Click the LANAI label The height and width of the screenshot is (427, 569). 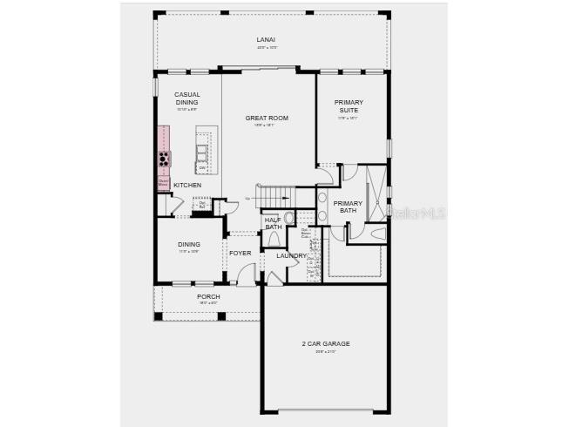(x=266, y=40)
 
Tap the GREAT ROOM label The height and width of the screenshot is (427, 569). (x=267, y=118)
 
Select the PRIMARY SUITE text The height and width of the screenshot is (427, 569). (x=349, y=106)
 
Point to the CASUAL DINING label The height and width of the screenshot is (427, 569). (x=187, y=98)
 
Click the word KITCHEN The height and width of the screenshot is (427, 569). (x=187, y=185)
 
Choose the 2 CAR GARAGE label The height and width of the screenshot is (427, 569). (x=325, y=343)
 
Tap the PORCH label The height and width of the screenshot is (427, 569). (x=208, y=296)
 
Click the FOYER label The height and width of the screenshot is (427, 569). (x=240, y=253)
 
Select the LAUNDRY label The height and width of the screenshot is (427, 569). (x=291, y=255)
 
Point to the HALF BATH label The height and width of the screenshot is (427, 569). (x=273, y=223)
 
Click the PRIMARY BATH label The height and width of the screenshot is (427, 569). (x=348, y=207)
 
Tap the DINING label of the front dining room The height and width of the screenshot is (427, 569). (x=189, y=244)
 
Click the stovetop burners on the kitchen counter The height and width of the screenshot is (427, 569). (x=164, y=159)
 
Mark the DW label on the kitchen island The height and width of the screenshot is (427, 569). (x=202, y=167)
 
